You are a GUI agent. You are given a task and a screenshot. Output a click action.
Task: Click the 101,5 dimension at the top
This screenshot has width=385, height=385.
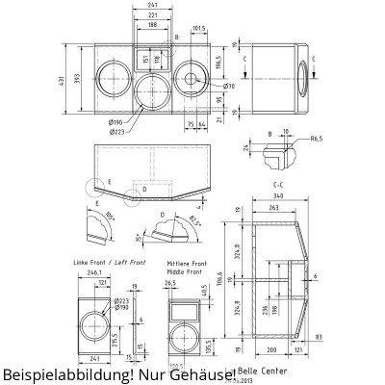pyautogui.click(x=200, y=28)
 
